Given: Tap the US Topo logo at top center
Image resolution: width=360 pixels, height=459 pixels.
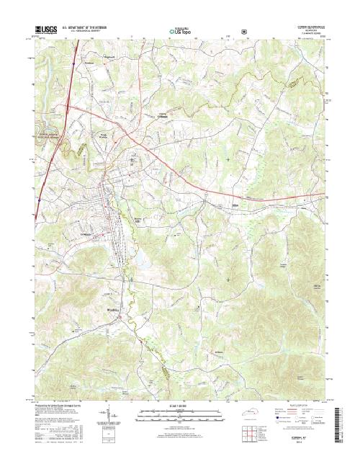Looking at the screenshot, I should point(179,32).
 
